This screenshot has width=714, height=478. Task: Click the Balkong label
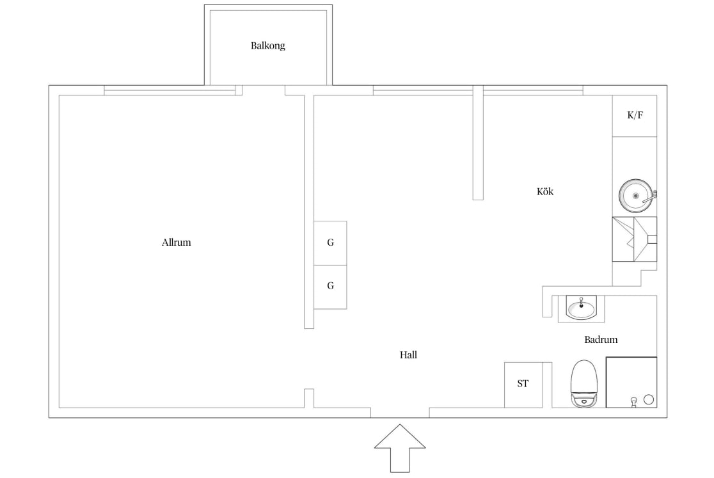pos(267,45)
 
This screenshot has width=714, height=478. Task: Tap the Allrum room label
pos(176,242)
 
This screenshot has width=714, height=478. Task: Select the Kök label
pos(545,191)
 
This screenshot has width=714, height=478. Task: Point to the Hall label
pos(408,355)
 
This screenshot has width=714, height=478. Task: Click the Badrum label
pos(601,339)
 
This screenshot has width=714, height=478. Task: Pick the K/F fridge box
pos(634,116)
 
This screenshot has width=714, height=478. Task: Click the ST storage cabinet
pos(523,385)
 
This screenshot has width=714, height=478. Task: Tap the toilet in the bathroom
pos(583,383)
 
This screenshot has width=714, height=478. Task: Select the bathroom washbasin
pos(581,308)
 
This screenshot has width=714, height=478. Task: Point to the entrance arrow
pos(400,449)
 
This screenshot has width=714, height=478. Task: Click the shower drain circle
pos(649,400)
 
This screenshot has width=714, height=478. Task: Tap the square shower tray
pos(631,383)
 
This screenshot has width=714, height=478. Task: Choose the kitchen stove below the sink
pos(634,239)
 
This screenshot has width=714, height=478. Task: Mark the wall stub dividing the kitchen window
pos(478,143)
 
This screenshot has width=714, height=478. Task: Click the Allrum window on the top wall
pos(170,91)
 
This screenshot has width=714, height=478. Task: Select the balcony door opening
pos(264,91)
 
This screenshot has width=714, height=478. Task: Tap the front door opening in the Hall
pos(400,413)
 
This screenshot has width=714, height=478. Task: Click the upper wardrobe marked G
pos(330,243)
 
